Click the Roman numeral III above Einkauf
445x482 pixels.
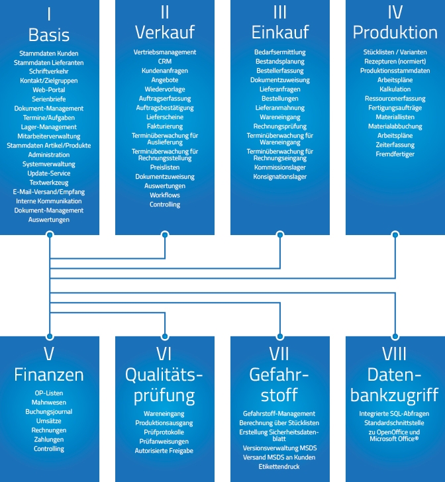[279, 13]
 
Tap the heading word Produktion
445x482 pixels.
[395, 32]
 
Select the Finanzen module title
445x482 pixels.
[49, 375]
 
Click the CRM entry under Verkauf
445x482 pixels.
[164, 61]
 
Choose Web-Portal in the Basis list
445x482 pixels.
[49, 89]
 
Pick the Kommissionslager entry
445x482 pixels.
[279, 168]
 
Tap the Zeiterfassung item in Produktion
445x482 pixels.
[395, 144]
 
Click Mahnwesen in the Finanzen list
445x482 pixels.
[49, 401]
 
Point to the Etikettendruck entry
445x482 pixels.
[279, 466]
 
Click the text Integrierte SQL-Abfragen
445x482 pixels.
[395, 413]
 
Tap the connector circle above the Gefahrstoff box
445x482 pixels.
[279, 336]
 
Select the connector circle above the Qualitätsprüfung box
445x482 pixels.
[164, 336]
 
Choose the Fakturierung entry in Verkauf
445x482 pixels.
[164, 126]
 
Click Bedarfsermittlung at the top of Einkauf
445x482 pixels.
[279, 52]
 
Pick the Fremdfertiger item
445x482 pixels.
[395, 154]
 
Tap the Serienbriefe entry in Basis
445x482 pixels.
[49, 99]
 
